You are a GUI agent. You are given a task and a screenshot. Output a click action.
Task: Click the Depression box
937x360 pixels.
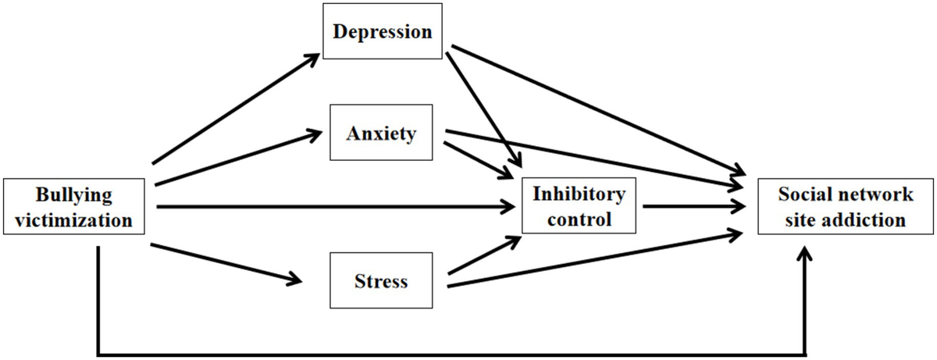383,32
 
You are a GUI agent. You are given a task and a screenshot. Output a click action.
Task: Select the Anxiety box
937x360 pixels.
383,133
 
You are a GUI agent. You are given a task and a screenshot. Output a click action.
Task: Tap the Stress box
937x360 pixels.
381,280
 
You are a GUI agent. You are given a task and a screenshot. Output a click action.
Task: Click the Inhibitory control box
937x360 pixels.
579,207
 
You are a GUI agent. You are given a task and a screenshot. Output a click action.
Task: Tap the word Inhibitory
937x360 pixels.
579,194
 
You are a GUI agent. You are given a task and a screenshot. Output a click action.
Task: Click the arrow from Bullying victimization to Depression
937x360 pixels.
234,109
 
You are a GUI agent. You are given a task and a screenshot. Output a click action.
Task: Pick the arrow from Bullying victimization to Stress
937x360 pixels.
226,262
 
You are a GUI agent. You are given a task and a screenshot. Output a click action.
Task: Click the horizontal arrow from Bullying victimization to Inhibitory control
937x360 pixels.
336,207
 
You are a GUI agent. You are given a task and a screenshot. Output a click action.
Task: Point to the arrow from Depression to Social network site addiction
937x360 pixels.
593,109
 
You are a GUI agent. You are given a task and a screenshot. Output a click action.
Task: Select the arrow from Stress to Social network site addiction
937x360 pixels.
593,258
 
